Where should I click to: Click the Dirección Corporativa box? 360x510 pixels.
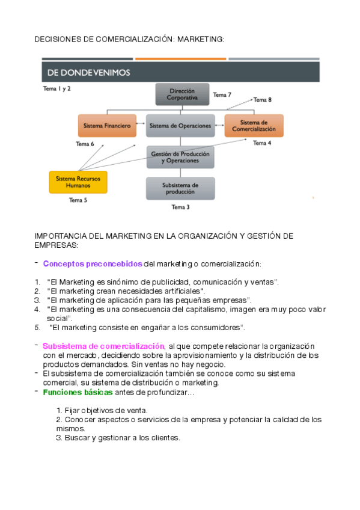tap(182, 94)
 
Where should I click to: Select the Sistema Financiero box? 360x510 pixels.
tap(108, 126)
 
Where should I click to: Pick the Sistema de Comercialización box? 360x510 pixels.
tap(253, 126)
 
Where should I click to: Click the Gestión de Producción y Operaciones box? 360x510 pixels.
tap(180, 158)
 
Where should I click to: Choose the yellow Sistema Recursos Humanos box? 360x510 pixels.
tap(78, 182)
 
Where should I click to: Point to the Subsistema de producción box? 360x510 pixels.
tap(180, 188)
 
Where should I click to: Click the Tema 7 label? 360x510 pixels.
tap(222, 95)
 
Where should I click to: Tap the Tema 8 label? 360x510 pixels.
tap(262, 99)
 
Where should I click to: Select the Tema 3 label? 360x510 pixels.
tap(180, 207)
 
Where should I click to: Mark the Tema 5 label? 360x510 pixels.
tap(78, 200)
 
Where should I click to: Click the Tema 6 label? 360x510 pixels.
tap(85, 144)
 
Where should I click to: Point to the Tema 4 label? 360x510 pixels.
tap(261, 143)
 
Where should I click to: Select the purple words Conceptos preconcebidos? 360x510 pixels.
tap(93, 263)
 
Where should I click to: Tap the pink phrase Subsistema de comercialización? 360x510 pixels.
tap(103, 346)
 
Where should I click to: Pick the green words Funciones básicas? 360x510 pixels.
tap(78, 392)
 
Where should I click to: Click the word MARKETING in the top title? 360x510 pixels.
tap(201, 39)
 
